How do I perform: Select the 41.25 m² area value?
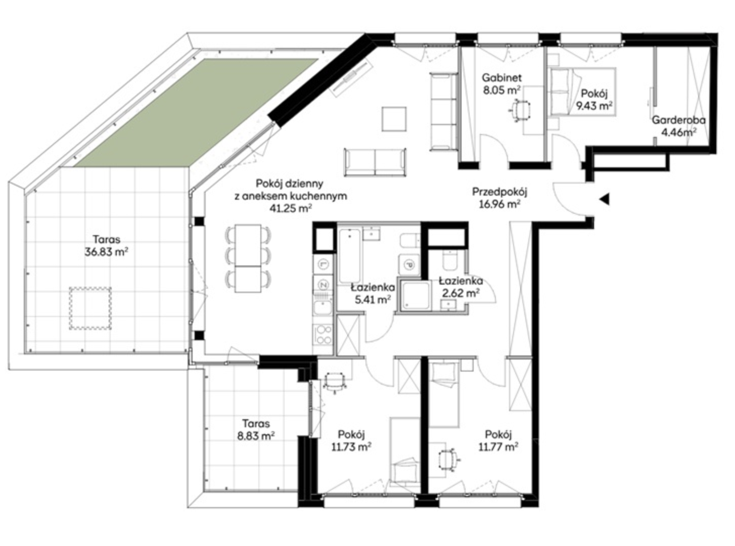coord(290,208)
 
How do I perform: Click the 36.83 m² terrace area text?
coord(106,252)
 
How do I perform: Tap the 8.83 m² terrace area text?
coord(255,436)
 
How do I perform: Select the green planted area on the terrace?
coord(196,113)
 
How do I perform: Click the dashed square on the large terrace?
coord(90,308)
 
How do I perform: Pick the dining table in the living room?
coord(248,258)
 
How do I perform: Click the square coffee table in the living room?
coord(394,119)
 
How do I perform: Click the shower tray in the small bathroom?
coord(416,296)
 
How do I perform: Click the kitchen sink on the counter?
coord(323,308)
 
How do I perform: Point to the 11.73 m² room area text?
coord(351,447)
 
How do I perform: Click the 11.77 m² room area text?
coord(498,447)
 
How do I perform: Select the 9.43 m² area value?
coord(594,106)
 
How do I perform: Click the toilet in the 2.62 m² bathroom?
coord(450,260)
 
